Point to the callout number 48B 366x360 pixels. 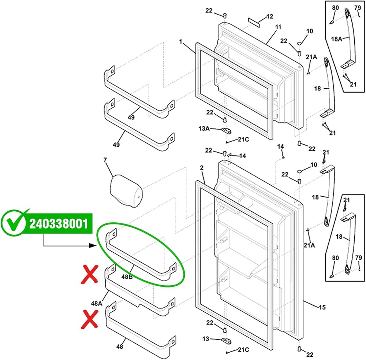pyautogui.click(x=127, y=277)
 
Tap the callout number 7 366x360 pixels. pyautogui.click(x=105, y=160)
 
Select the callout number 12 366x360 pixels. pyautogui.click(x=270, y=16)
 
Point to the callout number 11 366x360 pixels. pyautogui.click(x=278, y=27)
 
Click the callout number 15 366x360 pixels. pyautogui.click(x=322, y=307)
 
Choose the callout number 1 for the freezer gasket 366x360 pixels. pyautogui.click(x=180, y=42)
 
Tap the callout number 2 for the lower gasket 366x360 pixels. pyautogui.click(x=202, y=168)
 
